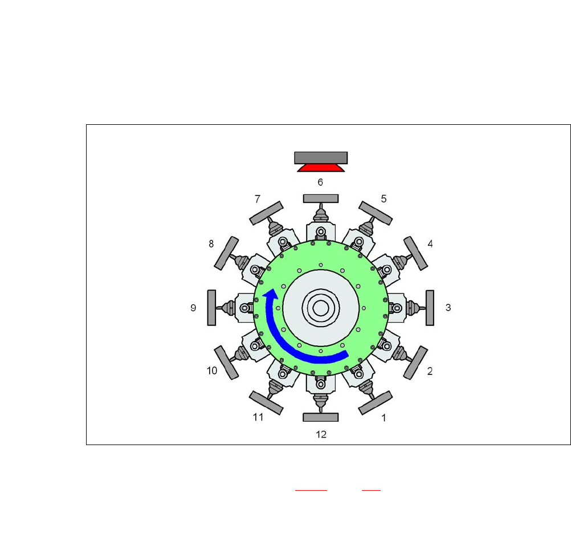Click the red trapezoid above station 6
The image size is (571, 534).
click(x=321, y=168)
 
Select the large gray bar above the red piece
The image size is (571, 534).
click(x=321, y=158)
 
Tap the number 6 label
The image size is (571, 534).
click(x=320, y=182)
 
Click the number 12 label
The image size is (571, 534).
click(x=321, y=434)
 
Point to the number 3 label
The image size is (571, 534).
click(x=448, y=308)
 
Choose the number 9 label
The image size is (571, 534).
click(x=193, y=308)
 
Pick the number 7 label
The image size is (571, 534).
click(x=258, y=199)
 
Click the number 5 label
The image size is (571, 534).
click(x=384, y=199)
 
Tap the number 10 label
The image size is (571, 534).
click(x=212, y=371)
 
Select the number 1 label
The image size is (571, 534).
click(x=384, y=418)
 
